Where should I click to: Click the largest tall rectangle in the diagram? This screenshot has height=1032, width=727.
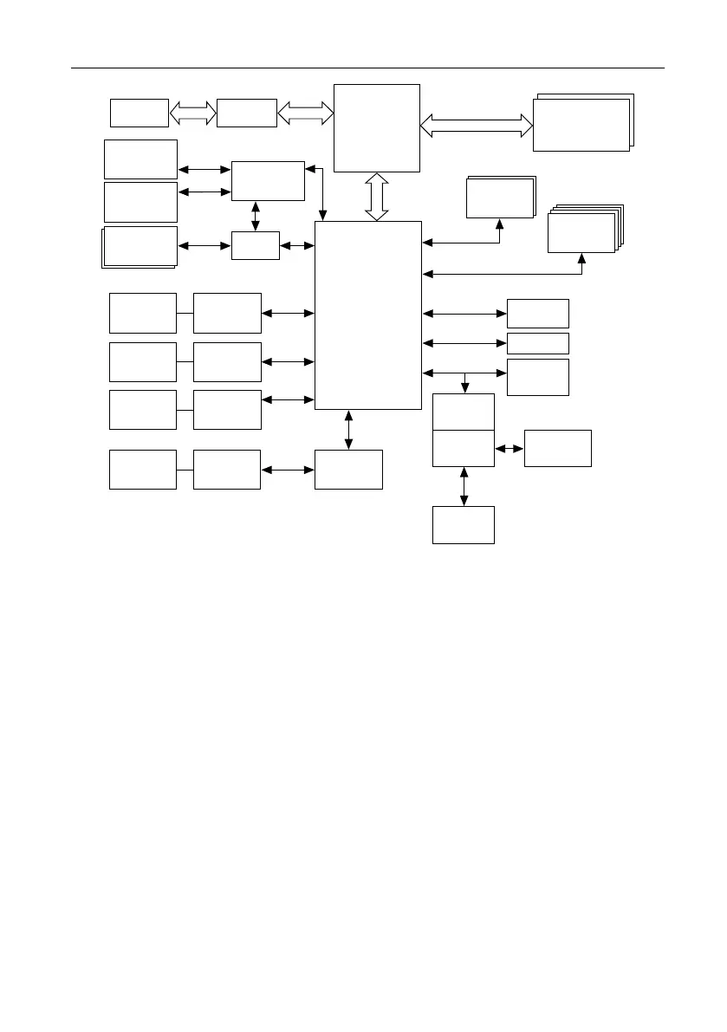coord(368,315)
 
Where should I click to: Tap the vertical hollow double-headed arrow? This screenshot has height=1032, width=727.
coord(377,197)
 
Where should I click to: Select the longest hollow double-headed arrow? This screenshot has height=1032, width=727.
coord(477,127)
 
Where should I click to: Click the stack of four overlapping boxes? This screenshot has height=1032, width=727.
coord(582,230)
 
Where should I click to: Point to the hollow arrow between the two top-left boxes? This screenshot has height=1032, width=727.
coord(192,113)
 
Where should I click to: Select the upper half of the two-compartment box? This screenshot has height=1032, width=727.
coord(464,411)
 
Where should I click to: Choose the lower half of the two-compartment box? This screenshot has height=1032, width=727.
coord(464,447)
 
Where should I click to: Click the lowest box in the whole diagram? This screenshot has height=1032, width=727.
coord(464,524)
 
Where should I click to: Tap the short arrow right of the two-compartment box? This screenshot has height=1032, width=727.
coord(510,449)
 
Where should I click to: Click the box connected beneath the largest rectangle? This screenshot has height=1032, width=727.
coord(348,470)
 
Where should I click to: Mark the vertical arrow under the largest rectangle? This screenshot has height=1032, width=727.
coord(348,430)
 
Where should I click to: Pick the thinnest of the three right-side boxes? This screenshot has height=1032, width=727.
coord(537,343)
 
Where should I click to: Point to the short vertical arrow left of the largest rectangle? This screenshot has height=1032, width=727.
coord(256,217)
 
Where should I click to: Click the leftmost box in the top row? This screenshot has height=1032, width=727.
coord(139,113)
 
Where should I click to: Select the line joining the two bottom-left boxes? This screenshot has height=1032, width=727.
coord(185,470)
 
